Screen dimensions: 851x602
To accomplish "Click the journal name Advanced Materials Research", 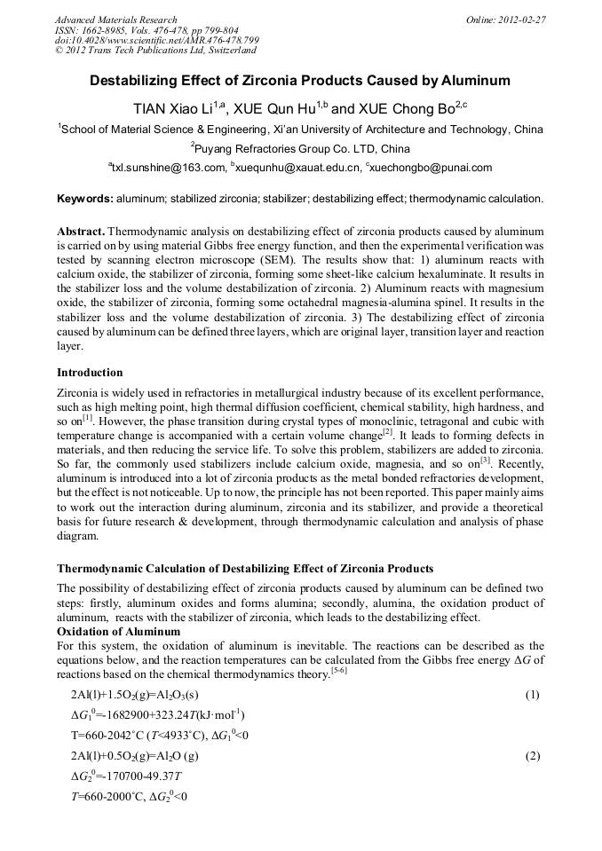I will (x=115, y=20).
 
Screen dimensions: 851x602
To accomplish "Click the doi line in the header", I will (x=157, y=40).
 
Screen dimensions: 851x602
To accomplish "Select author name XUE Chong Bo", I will (x=405, y=109).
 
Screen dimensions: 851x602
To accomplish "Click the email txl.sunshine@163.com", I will (x=169, y=167).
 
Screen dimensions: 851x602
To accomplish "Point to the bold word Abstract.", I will (x=81, y=230).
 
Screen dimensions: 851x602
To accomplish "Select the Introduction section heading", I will (x=90, y=372).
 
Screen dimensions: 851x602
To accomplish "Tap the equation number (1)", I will (x=532, y=694).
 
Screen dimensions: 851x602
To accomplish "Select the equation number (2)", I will (x=532, y=756).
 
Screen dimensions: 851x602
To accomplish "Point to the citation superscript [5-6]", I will (x=338, y=669).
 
